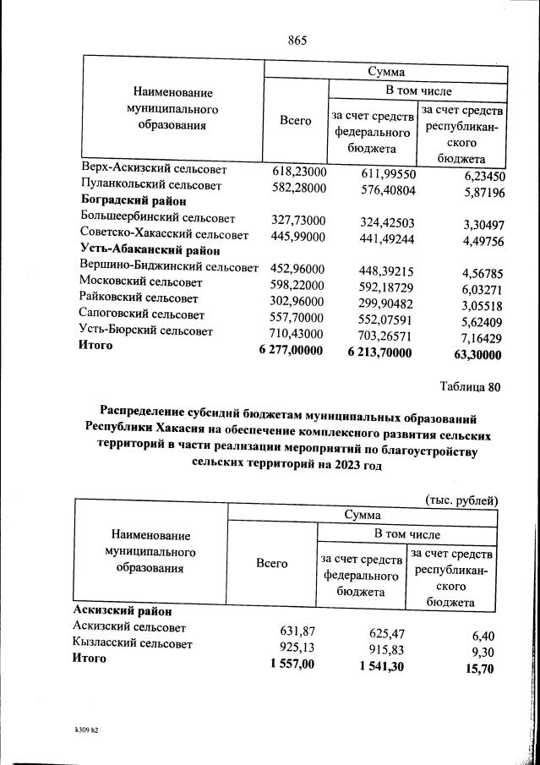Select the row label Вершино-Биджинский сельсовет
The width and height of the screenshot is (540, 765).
(x=168, y=267)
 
